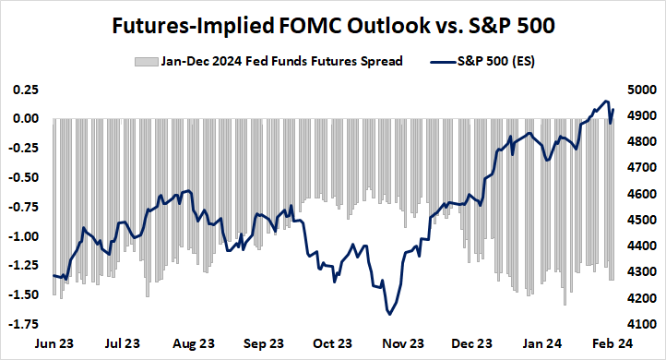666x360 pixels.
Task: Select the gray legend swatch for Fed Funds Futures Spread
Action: point(143,62)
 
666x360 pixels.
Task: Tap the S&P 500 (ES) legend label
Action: point(497,62)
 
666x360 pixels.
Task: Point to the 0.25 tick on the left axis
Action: point(23,90)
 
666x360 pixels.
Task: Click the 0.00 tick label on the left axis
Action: point(23,119)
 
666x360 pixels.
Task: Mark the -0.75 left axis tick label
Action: point(21,207)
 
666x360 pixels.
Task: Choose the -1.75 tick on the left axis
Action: point(21,324)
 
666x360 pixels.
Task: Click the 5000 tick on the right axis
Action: point(640,90)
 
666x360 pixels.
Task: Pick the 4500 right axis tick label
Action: point(640,221)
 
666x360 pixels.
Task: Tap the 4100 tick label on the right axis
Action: point(640,325)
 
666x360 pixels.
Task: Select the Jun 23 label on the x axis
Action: point(54,343)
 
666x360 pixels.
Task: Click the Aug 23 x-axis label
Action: point(195,343)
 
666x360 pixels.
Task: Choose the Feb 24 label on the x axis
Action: point(612,343)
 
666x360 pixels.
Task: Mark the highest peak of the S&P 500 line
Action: point(605,101)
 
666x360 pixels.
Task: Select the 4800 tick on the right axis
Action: point(640,143)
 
